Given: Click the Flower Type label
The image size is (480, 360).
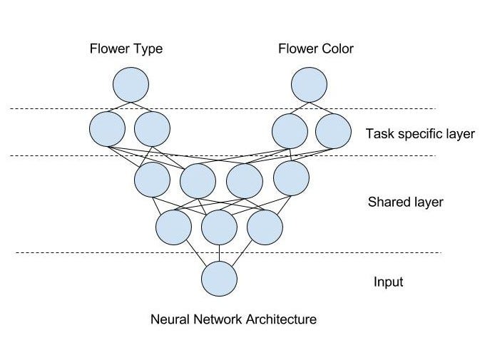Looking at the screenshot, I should pos(126,49).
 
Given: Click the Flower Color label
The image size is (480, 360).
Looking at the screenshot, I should pos(316,49).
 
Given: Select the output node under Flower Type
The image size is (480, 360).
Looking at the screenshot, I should pos(131,84).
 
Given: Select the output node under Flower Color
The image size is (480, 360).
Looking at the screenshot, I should pos(310,84).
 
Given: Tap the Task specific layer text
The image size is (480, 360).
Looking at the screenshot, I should pos(419,133).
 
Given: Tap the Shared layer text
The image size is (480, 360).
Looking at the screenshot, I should pos(405,202).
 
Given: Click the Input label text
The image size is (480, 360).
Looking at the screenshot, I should pos(388,282).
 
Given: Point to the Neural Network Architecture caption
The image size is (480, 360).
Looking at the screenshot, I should pos(233,319).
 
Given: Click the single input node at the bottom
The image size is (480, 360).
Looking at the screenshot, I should pos(219,279).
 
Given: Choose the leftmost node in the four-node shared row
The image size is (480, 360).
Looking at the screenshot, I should pos(152,179).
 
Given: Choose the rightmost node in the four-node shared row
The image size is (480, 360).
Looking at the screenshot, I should pos(291,178).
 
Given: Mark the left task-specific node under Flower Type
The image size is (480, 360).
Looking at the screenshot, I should pos(108,129).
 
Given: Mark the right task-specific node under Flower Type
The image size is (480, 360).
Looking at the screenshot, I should pos(152,129).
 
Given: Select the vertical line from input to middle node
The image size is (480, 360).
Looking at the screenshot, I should pos(219,253).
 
